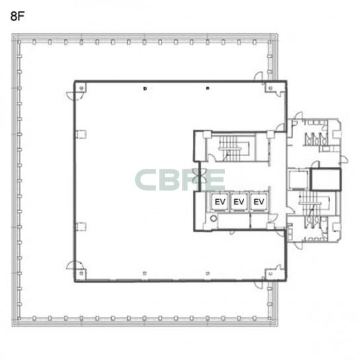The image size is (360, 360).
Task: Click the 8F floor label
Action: click(17, 17)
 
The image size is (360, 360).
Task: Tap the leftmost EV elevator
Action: click(220, 202)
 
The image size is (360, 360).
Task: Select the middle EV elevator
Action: click(239, 202)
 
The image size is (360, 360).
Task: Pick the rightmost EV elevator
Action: click(259, 202)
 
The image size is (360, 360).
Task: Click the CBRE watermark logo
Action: click(180, 180)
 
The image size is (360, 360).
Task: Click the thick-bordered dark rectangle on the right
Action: click(326, 179)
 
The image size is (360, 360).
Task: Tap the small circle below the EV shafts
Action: click(214, 218)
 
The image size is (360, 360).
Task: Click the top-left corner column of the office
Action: click(81, 88)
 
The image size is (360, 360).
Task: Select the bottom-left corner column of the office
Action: click(81, 273)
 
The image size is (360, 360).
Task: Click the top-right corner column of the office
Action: click(271, 88)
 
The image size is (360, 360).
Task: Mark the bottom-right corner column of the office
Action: click(271, 273)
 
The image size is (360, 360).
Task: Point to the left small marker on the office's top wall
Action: click(145, 89)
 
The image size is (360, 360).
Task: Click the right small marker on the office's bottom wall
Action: click(208, 273)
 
